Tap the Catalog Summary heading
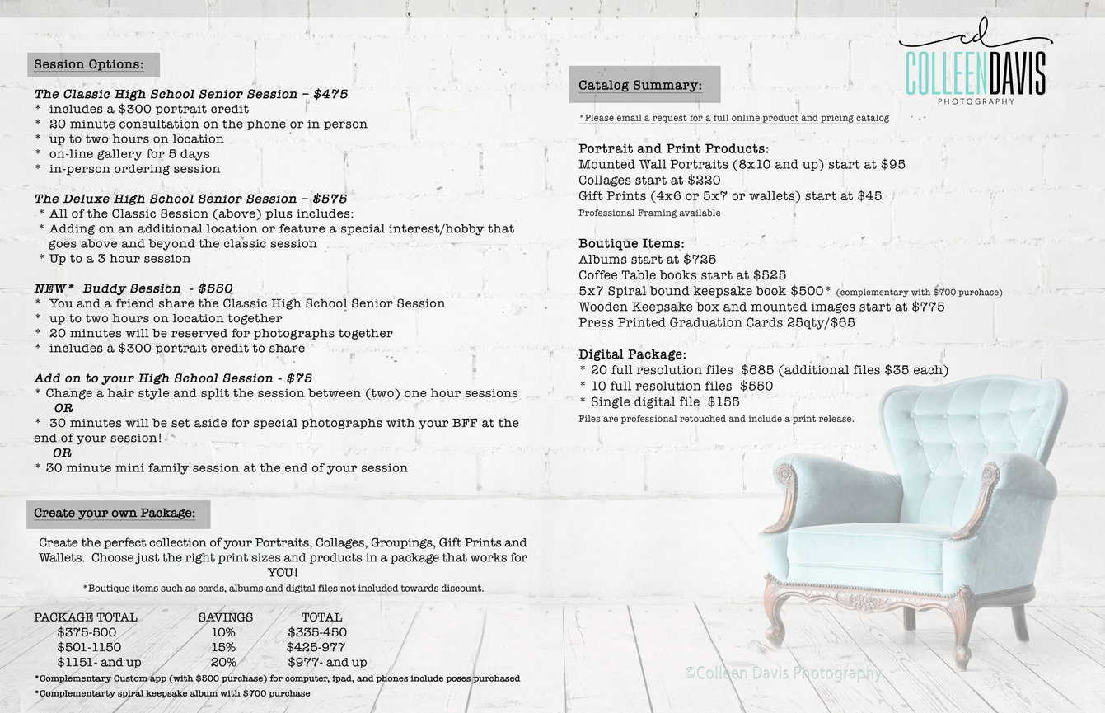640,85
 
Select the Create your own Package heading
115,514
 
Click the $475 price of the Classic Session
330,94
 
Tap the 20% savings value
223,662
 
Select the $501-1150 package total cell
89,647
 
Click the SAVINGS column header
226,617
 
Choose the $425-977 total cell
316,647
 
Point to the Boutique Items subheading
631,244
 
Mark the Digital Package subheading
633,354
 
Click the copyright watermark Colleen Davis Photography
784,673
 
